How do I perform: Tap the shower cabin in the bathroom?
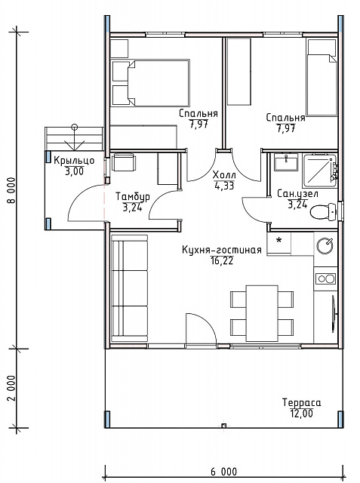pyautogui.click(x=319, y=170)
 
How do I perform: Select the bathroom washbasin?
pyautogui.click(x=286, y=162)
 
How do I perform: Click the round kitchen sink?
pyautogui.click(x=325, y=246)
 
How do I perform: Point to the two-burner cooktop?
pyautogui.click(x=325, y=279)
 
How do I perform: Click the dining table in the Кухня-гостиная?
pyautogui.click(x=262, y=313)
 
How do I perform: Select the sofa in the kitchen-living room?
pyautogui.click(x=129, y=288)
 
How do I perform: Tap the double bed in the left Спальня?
pyautogui.click(x=151, y=83)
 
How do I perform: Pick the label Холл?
pyautogui.click(x=224, y=175)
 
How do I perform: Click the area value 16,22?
pyautogui.click(x=222, y=261)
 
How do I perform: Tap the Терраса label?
pyautogui.click(x=301, y=402)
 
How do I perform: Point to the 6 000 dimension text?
pyautogui.click(x=224, y=472)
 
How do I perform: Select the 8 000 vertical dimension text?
pyautogui.click(x=11, y=191)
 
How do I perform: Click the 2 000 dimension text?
pyautogui.click(x=11, y=388)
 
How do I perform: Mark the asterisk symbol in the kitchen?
pyautogui.click(x=279, y=240)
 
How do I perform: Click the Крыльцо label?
pyautogui.click(x=74, y=161)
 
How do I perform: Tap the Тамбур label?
pyautogui.click(x=133, y=196)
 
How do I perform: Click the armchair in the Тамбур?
pyautogui.click(x=124, y=162)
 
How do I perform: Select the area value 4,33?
pyautogui.click(x=224, y=186)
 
